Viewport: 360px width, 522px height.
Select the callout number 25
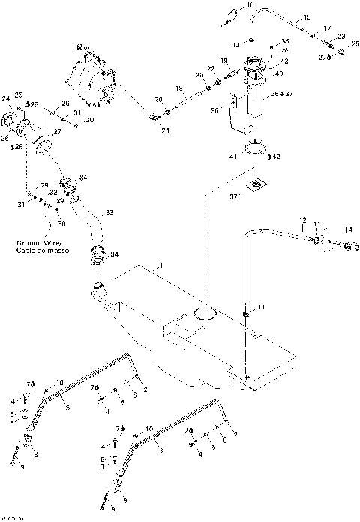(355, 45)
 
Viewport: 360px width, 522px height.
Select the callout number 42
(276, 156)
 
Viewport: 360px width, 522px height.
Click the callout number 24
(5, 98)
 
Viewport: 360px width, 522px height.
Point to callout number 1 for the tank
(159, 265)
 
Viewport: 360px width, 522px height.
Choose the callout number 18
(178, 88)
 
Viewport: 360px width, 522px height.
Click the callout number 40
(279, 73)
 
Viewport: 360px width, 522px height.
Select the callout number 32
(52, 193)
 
